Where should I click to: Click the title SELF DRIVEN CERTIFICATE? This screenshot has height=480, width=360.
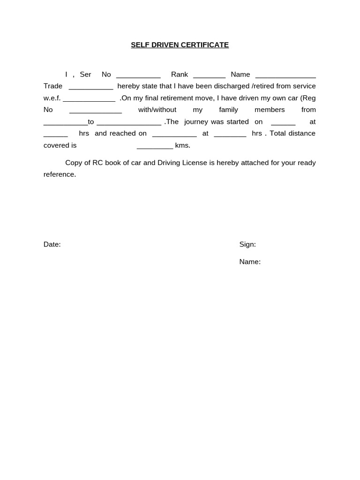click(x=180, y=45)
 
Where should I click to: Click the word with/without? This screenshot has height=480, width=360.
click(x=157, y=110)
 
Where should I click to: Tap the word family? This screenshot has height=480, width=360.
click(x=228, y=110)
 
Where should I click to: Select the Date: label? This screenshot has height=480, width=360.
click(x=52, y=244)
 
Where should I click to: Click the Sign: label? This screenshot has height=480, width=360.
click(x=247, y=244)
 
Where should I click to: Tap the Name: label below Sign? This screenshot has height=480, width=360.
click(x=250, y=262)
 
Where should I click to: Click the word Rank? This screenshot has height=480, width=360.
click(x=180, y=75)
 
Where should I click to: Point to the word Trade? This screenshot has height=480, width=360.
click(x=53, y=86)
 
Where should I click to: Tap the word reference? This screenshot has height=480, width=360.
click(x=60, y=174)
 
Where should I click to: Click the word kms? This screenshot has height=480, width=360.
click(x=182, y=145)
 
